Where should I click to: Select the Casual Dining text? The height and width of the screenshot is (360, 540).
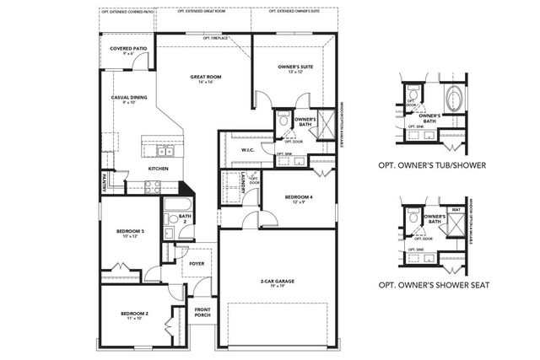pyautogui.click(x=128, y=99)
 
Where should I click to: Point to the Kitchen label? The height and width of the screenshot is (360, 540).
pyautogui.click(x=159, y=169)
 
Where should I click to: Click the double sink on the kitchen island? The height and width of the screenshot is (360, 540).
pyautogui.click(x=162, y=152)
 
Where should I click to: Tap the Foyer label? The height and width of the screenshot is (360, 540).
pyautogui.click(x=197, y=264)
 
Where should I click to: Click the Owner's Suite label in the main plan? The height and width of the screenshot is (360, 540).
pyautogui.click(x=296, y=68)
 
